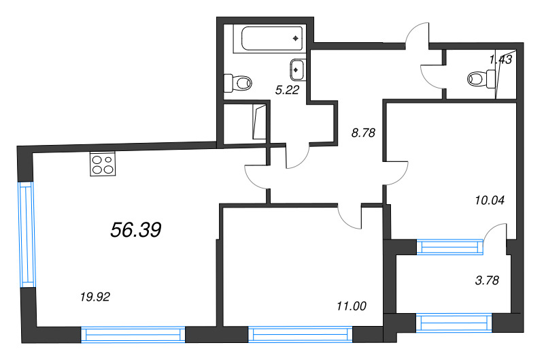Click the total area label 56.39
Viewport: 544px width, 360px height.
136,230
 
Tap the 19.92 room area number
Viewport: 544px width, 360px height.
95,297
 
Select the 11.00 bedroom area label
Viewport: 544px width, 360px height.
352,306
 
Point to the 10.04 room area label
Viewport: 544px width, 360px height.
490,200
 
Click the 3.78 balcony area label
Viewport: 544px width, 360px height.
487,280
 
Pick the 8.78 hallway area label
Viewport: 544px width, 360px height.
363,133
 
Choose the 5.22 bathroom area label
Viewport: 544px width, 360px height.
287,91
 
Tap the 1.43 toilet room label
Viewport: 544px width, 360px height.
500,60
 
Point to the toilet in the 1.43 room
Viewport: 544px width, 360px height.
481,79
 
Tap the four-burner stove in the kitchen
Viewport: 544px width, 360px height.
103,164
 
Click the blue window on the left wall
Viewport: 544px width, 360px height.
27,234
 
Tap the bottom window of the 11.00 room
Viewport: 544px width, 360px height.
301,334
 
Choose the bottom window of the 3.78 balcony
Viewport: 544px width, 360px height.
454,323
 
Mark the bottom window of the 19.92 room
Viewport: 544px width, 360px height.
133,335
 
